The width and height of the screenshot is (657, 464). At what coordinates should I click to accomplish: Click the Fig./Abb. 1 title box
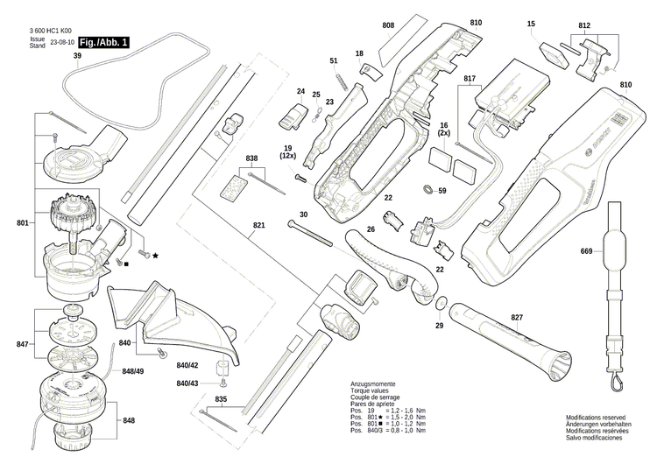tap(104, 42)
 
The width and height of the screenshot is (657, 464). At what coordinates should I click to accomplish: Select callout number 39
tap(77, 57)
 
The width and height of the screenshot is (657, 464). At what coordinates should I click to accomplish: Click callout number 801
tap(22, 223)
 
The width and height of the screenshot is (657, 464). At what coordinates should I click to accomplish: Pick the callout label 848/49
tap(134, 371)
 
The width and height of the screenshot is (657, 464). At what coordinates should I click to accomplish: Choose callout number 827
tap(517, 316)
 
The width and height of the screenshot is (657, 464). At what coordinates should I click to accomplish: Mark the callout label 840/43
tap(187, 383)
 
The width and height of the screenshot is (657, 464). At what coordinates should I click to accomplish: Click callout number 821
tap(258, 226)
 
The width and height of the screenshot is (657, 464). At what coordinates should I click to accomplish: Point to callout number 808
tap(388, 25)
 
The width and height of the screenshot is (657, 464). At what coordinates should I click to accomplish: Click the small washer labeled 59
tap(427, 190)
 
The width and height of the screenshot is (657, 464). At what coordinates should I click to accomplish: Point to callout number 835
tap(221, 398)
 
